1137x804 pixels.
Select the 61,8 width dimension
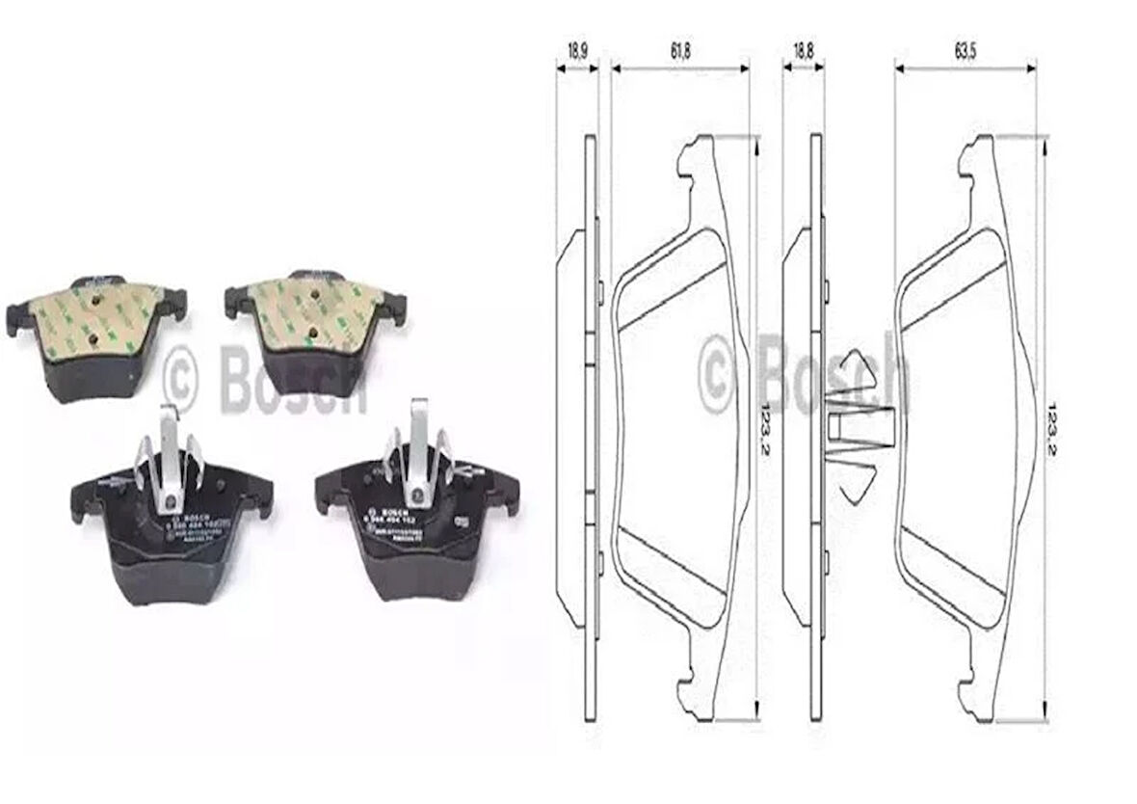click(680, 52)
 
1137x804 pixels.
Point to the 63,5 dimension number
click(965, 52)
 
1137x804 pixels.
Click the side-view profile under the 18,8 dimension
click(806, 424)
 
